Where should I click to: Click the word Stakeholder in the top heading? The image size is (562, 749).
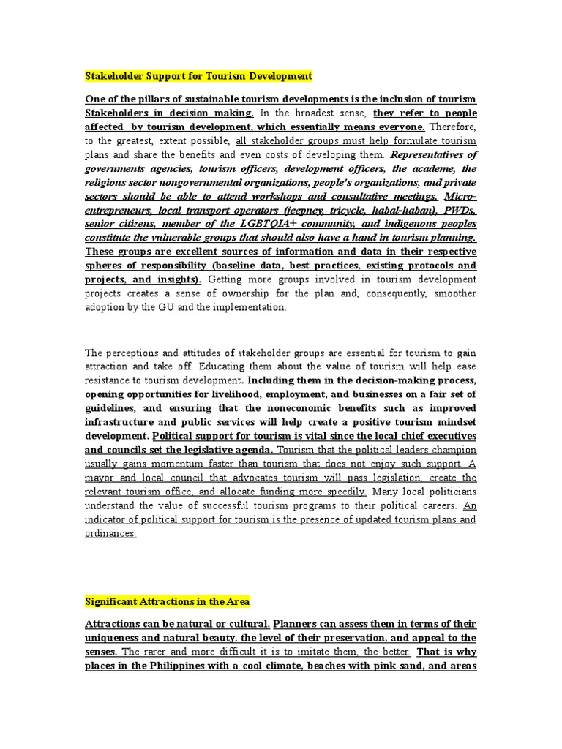click(x=113, y=76)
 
